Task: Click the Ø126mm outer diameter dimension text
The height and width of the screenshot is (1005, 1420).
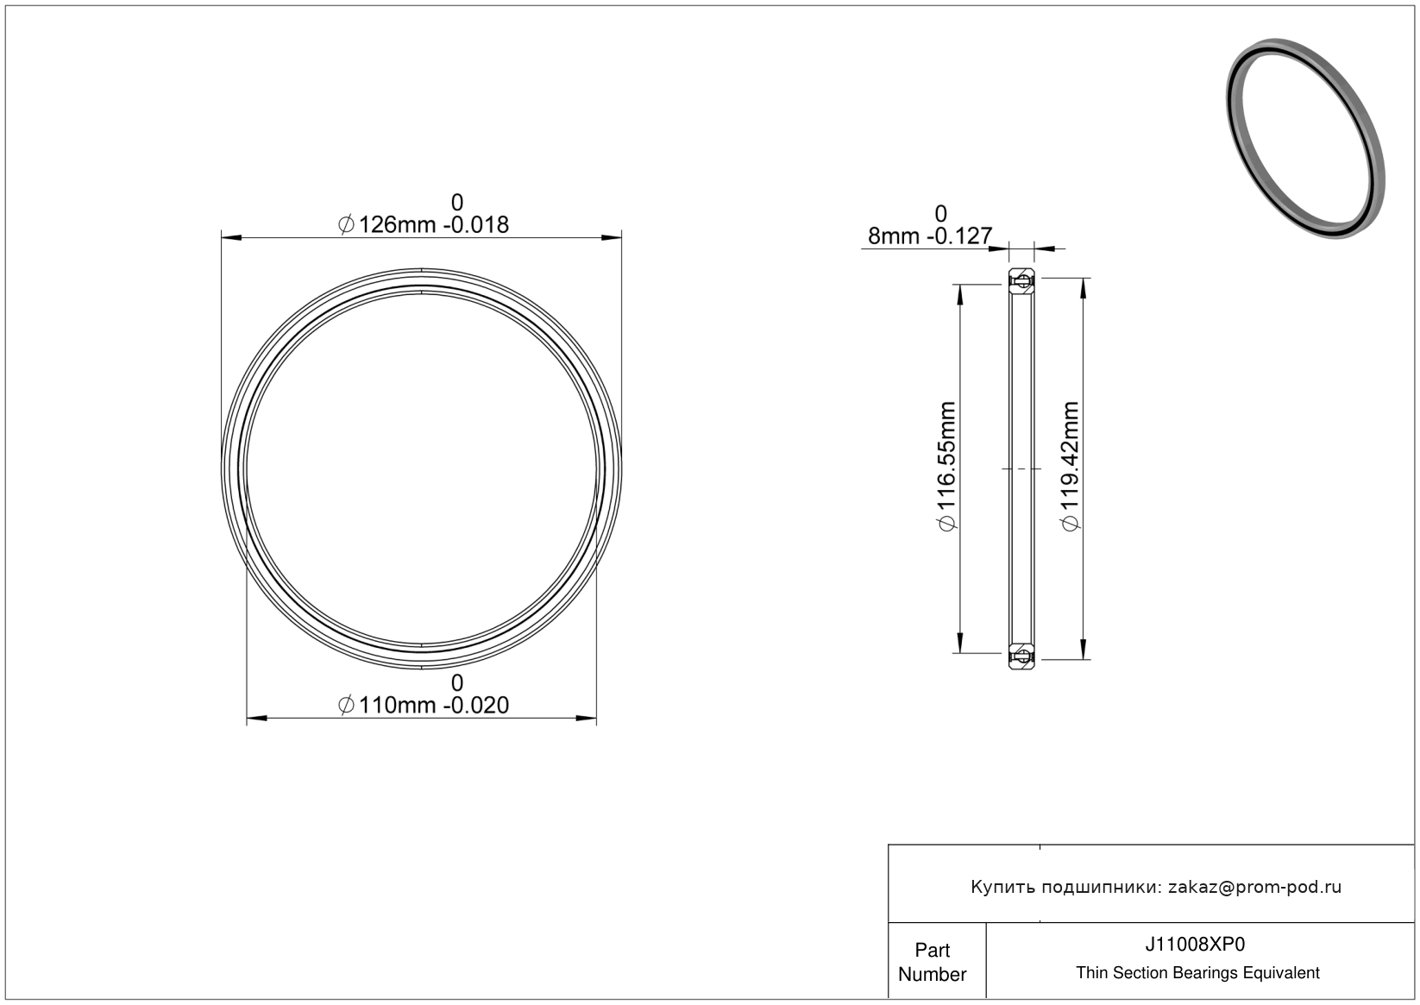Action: click(424, 224)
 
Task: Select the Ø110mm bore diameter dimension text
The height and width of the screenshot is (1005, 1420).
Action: click(424, 705)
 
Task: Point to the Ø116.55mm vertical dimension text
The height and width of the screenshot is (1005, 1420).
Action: click(946, 467)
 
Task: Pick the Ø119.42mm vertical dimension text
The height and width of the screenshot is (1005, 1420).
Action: click(1070, 467)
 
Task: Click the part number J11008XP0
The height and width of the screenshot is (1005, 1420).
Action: click(1195, 944)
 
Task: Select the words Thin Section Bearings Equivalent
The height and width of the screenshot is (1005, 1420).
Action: click(1197, 973)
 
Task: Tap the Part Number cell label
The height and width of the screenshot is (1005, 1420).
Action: click(933, 962)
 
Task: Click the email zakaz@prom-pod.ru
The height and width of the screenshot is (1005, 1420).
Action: click(1255, 887)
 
